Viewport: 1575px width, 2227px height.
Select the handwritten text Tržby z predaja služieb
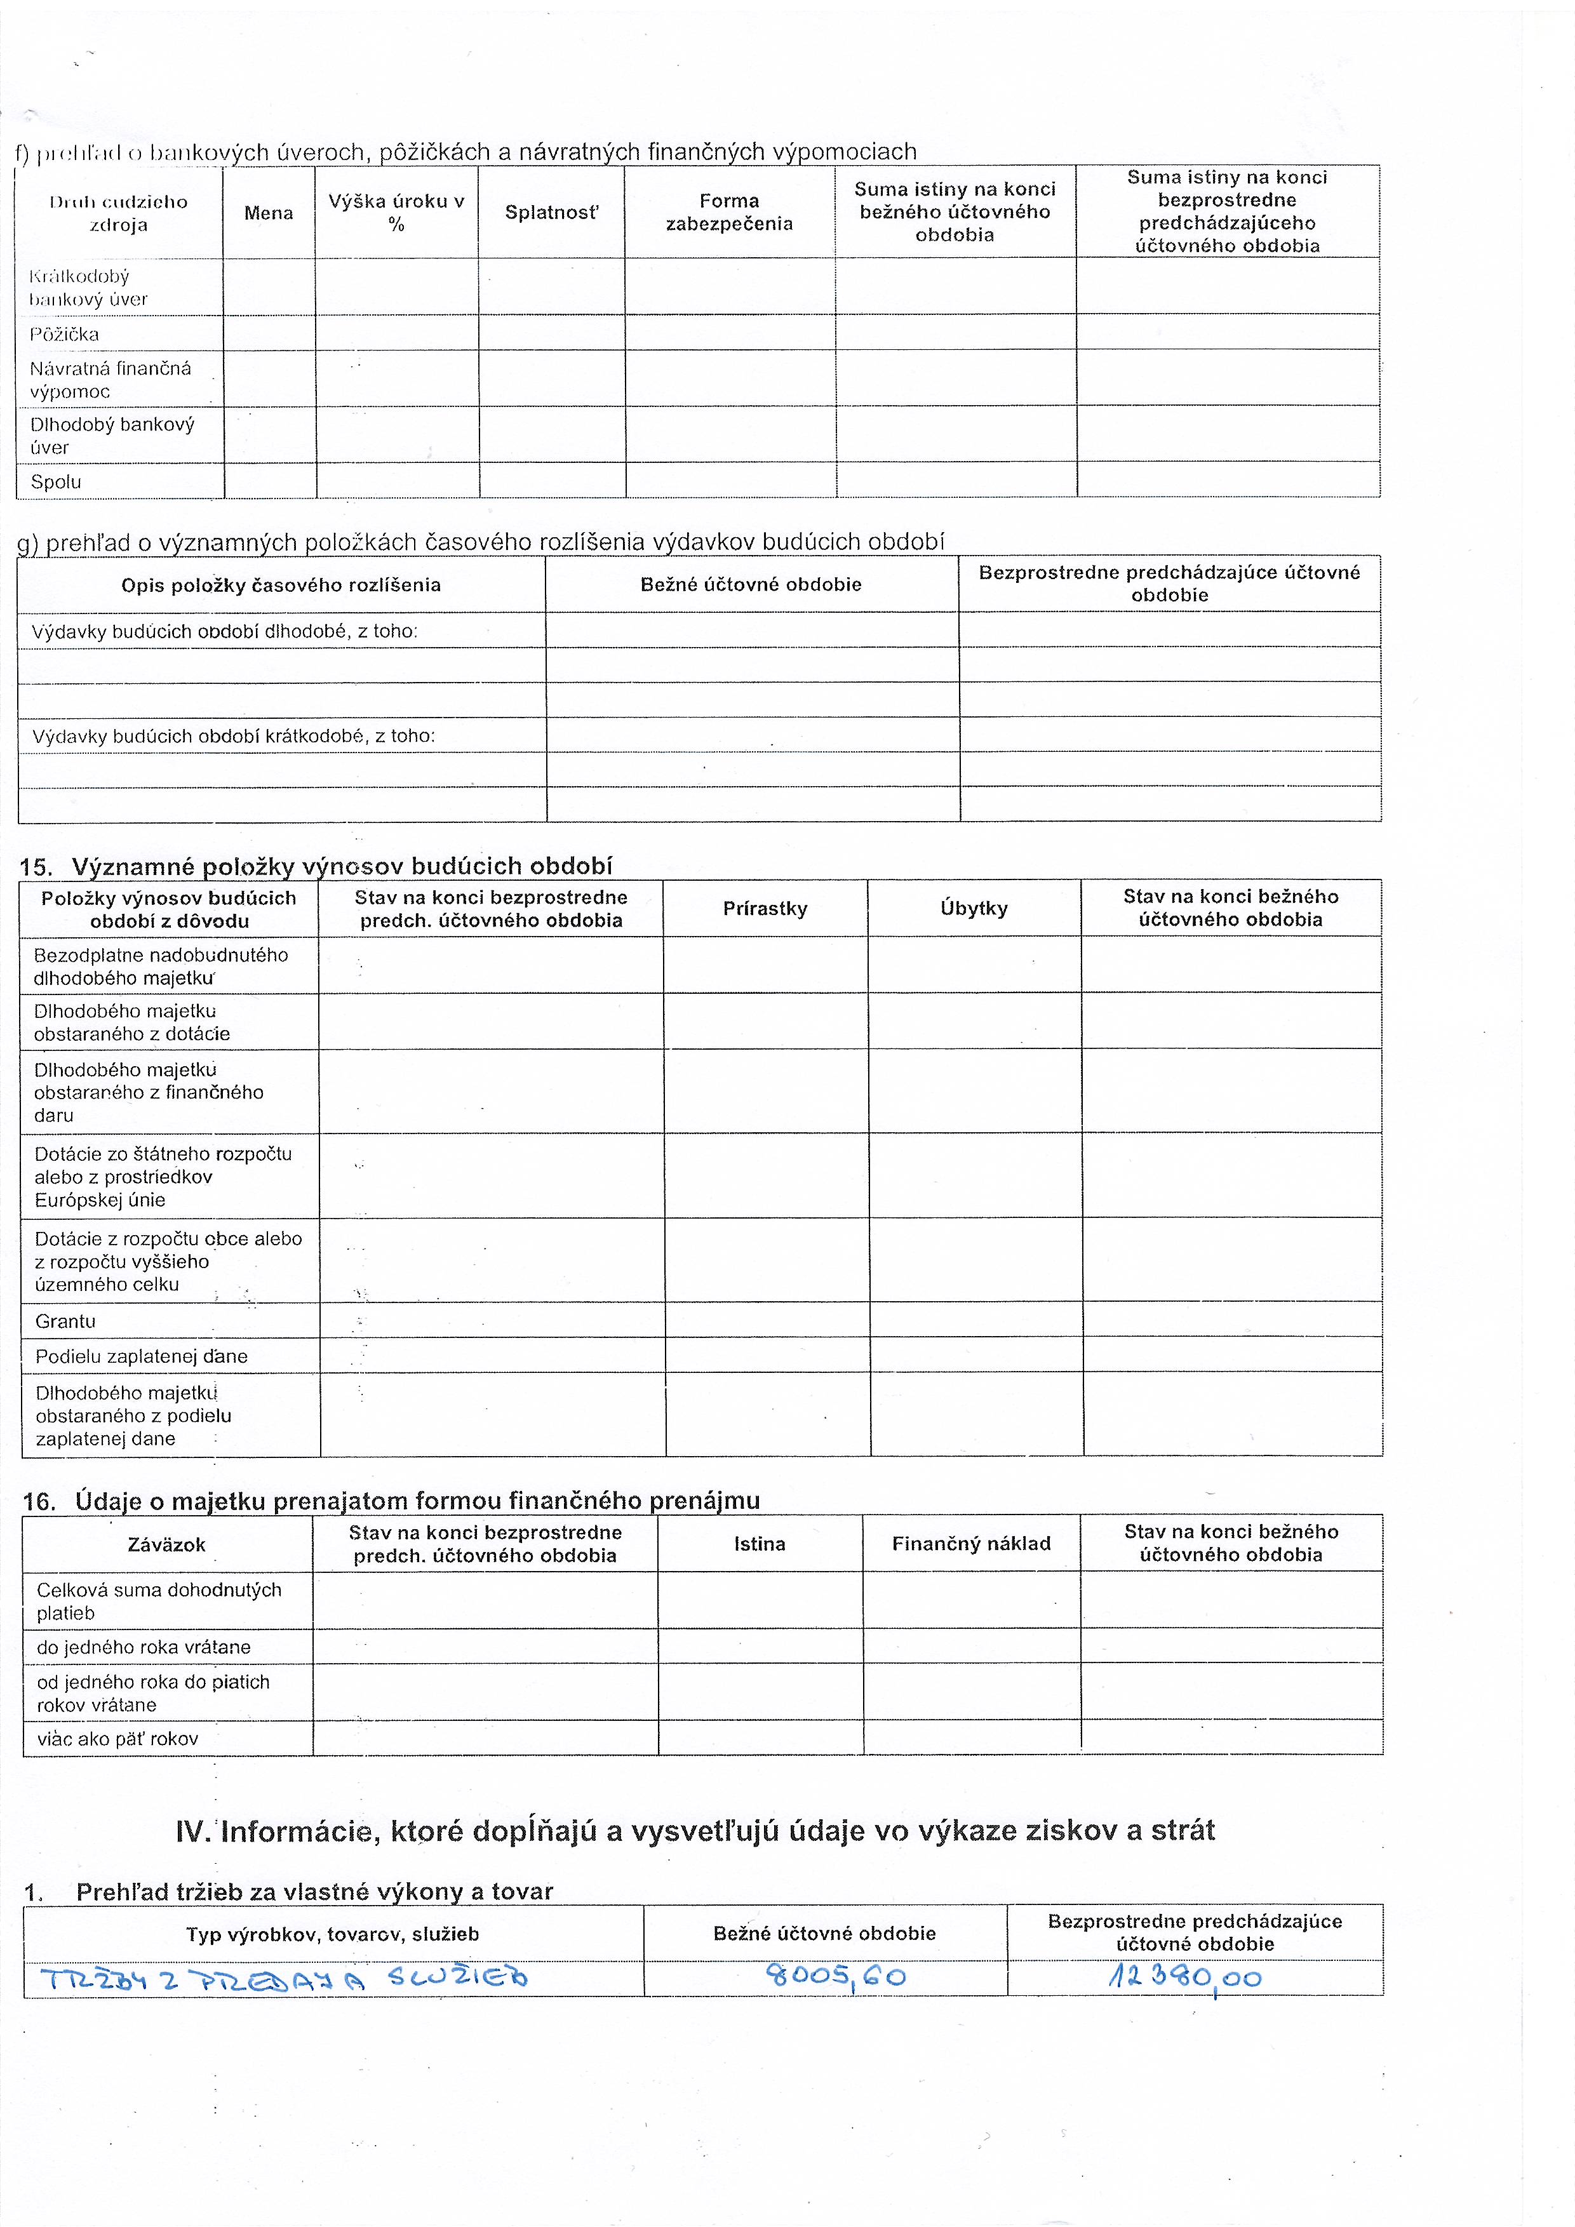tap(283, 1977)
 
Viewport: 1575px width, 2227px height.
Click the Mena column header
tap(269, 213)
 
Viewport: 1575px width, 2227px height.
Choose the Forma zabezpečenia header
tap(729, 213)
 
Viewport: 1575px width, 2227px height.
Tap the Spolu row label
tap(57, 482)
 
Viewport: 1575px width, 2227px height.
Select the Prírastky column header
tap(765, 909)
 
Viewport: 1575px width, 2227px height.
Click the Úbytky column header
tap(974, 909)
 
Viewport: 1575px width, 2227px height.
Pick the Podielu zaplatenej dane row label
tap(142, 1356)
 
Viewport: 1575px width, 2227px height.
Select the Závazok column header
tap(167, 1545)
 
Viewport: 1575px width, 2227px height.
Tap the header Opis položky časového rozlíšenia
tap(281, 585)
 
